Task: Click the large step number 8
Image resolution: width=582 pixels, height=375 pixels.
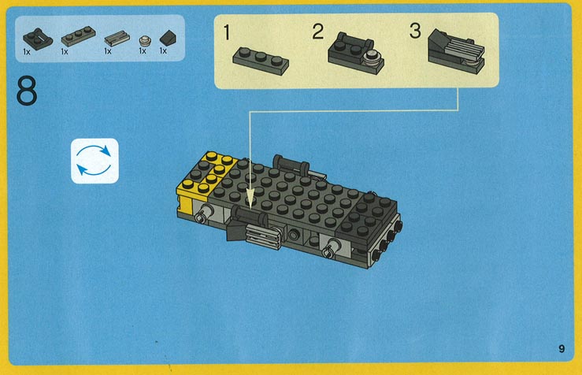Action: (27, 91)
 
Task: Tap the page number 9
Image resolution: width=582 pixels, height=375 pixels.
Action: (562, 348)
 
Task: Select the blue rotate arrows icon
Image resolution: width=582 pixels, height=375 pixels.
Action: (95, 161)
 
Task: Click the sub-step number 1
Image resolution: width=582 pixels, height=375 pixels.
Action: (227, 32)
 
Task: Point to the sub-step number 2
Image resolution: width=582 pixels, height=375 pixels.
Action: (317, 32)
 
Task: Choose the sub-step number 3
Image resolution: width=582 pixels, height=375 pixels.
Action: (415, 31)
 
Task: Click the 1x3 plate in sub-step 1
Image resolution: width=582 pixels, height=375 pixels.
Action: (261, 61)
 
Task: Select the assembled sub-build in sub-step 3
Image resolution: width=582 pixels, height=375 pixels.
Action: (456, 51)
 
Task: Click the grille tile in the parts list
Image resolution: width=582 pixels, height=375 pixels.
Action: (117, 38)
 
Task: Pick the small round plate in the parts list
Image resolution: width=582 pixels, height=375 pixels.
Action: (144, 40)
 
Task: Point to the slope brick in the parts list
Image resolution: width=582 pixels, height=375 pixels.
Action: (168, 38)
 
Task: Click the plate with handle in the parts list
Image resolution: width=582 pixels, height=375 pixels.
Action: (38, 39)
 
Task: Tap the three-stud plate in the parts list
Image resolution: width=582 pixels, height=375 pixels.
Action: (78, 36)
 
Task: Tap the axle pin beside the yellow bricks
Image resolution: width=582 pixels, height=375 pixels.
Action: (202, 213)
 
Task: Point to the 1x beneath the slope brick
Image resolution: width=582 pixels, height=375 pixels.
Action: (163, 51)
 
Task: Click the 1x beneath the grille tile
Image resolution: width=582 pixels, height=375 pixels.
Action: (108, 51)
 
